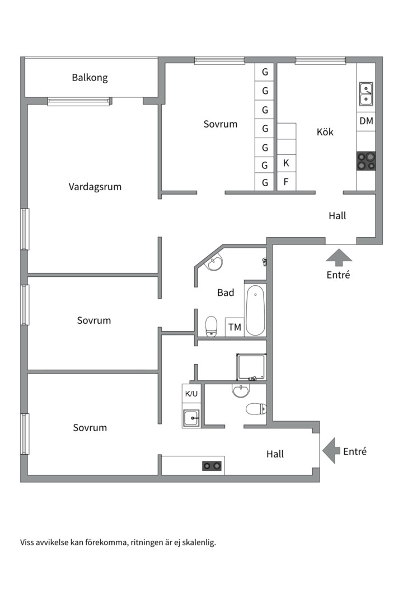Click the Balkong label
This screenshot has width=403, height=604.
pos(90,78)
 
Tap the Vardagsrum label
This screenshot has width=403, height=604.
pos(95,187)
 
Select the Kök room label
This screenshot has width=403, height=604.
pos(325,132)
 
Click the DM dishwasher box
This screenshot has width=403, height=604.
pos(366,121)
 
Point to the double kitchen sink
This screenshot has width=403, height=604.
pos(366,93)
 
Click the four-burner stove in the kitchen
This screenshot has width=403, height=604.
pos(366,161)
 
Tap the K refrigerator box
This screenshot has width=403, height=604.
pos(286,163)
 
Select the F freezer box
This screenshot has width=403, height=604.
pos(286,181)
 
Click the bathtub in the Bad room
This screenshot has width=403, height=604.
pos(255,310)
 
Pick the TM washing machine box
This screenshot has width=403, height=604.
pos(235,327)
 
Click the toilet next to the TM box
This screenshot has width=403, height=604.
pos(211,327)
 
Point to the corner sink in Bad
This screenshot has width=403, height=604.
pos(213,263)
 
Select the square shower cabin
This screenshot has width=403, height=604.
pos(251,367)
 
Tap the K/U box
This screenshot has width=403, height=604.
pos(191,393)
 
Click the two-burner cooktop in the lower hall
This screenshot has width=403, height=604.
pos(212,466)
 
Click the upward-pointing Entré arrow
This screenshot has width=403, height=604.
pos(339,257)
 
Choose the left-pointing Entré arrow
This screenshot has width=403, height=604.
pos(331,450)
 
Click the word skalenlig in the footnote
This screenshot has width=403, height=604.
pos(199,542)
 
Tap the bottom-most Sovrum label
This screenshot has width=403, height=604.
pos(90,428)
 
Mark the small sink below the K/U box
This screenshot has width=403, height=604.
pos(191,418)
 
